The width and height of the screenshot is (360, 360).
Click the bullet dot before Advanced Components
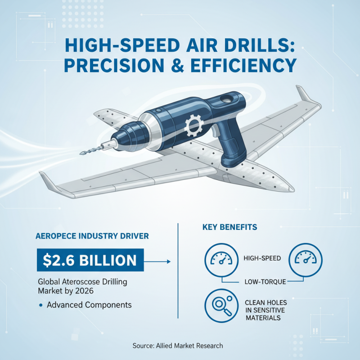click(x=41, y=305)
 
